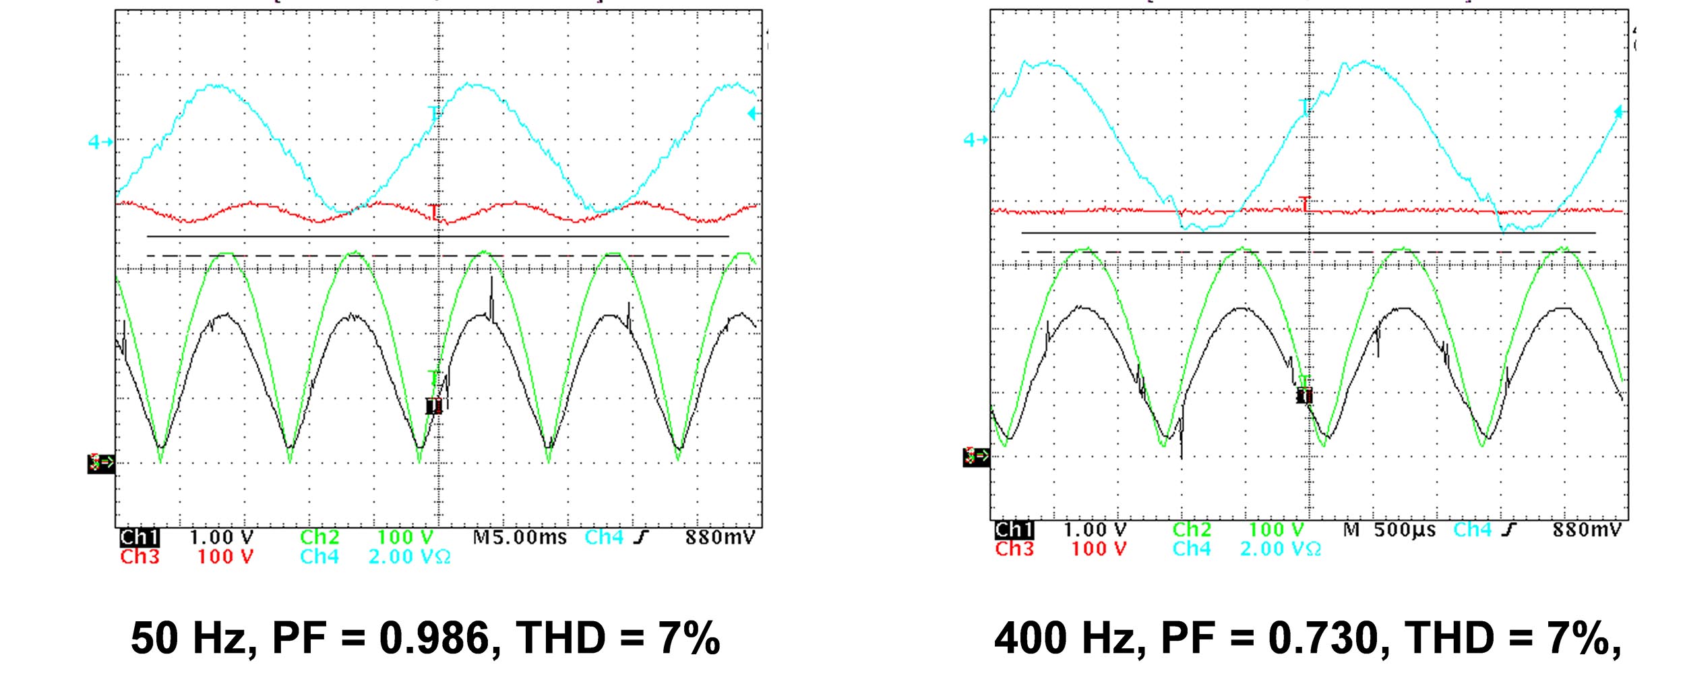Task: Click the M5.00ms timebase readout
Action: click(519, 538)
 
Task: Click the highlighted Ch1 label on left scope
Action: click(139, 538)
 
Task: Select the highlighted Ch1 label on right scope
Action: click(1014, 530)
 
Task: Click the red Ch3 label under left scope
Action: click(140, 557)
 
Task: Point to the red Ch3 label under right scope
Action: click(1014, 549)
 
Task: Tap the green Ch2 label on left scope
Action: click(319, 538)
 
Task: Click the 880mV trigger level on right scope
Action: click(1585, 530)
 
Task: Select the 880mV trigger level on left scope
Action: click(720, 538)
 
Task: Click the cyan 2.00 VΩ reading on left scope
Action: click(409, 557)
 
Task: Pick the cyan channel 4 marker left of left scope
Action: click(100, 142)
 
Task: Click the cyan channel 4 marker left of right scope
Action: click(975, 140)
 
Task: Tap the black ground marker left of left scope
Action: click(101, 463)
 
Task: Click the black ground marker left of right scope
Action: click(976, 457)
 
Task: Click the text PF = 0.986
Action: click(380, 637)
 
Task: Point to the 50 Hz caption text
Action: click(193, 637)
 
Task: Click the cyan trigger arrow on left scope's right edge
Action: click(753, 114)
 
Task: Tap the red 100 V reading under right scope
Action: click(1099, 549)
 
